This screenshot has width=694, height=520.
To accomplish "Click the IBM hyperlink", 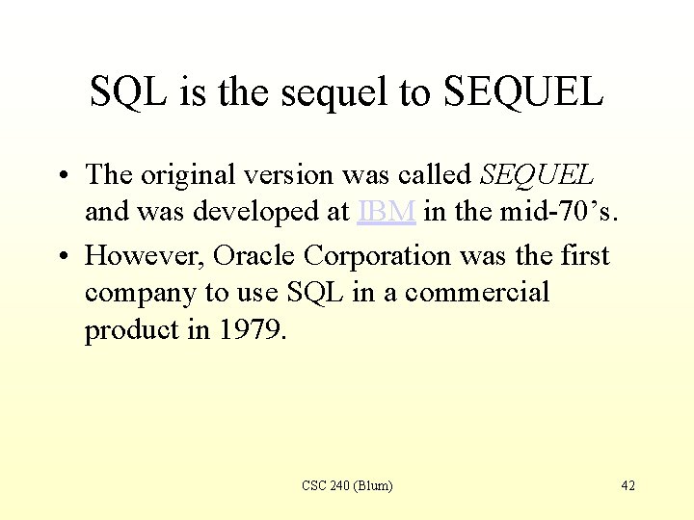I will pos(387,212).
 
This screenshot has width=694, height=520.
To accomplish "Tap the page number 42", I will pos(627,485).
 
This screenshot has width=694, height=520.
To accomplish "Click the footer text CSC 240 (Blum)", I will pos(347,485).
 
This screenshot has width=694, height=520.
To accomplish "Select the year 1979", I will pos(254,329).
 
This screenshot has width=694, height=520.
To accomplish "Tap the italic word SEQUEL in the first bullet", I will pos(538,175).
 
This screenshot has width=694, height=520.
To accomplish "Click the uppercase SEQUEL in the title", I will pos(523,92).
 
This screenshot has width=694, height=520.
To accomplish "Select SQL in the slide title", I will pos(127,92).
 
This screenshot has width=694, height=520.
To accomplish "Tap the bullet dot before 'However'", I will pos(61,257).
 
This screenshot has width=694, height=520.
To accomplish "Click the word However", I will pos(144,256).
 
